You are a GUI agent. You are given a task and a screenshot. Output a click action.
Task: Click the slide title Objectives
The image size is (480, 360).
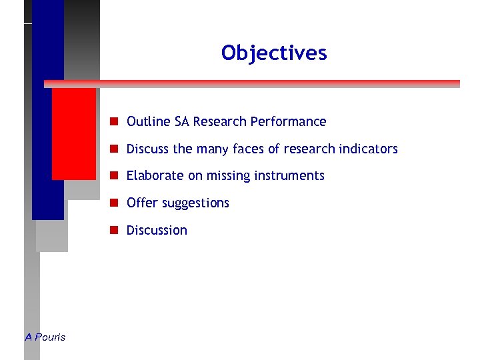click(274, 53)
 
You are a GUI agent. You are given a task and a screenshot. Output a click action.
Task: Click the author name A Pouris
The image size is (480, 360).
click(45, 337)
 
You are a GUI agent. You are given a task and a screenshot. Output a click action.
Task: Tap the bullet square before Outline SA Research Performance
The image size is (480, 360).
click(115, 121)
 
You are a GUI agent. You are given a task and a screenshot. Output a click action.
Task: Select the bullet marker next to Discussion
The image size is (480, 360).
click(115, 230)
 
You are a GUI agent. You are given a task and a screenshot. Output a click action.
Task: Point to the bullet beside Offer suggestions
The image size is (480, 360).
click(115, 203)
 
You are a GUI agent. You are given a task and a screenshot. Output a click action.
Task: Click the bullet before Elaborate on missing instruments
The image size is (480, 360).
click(115, 175)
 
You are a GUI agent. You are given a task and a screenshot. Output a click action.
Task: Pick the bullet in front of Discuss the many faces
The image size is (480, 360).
click(115, 149)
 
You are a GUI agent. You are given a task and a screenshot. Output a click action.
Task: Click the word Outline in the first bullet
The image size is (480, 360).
click(149, 121)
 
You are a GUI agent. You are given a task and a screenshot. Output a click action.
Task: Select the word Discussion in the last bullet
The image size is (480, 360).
click(157, 230)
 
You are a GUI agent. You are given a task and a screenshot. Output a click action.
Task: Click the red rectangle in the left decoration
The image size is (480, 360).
click(74, 133)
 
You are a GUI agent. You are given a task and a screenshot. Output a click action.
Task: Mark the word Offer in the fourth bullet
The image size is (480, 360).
click(140, 203)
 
